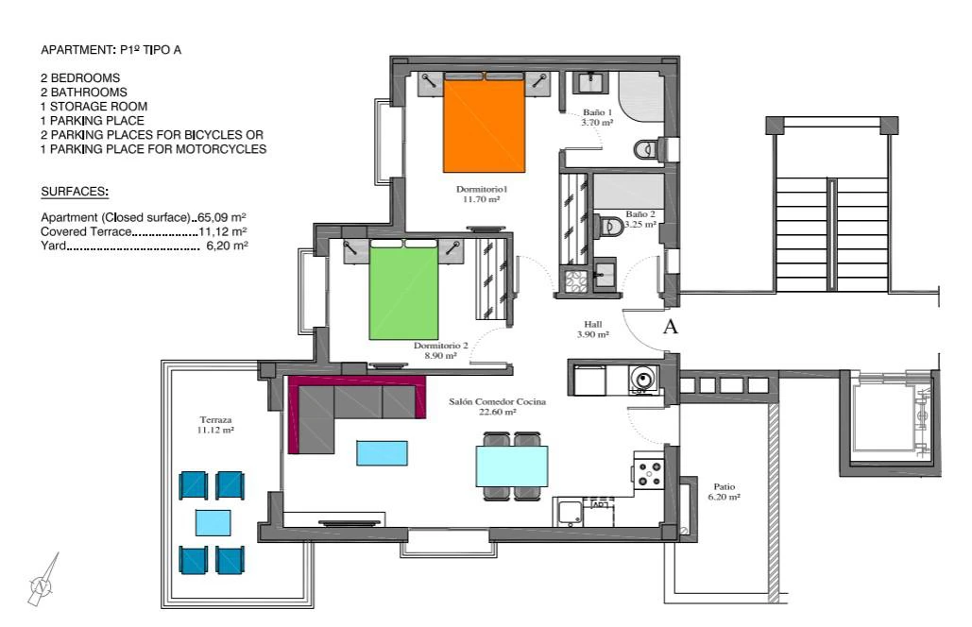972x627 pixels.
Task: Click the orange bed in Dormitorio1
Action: click(485, 123)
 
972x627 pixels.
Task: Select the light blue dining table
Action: click(512, 466)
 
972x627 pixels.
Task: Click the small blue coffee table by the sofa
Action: click(382, 453)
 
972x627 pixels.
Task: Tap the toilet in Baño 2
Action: click(610, 226)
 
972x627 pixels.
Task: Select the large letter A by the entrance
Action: click(670, 327)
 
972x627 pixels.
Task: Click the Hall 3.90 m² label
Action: click(592, 329)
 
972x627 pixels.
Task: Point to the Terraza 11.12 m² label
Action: click(215, 424)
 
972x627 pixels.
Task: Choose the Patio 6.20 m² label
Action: click(724, 491)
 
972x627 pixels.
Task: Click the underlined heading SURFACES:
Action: click(75, 192)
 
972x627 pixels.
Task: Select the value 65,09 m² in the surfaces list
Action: click(222, 217)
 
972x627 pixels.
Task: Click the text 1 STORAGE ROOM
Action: click(94, 107)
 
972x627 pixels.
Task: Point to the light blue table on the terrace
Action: click(213, 523)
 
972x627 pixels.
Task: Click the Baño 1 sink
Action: click(590, 82)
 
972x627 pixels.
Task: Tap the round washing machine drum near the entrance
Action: click(644, 378)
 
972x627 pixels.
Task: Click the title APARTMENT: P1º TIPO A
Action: click(111, 50)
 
